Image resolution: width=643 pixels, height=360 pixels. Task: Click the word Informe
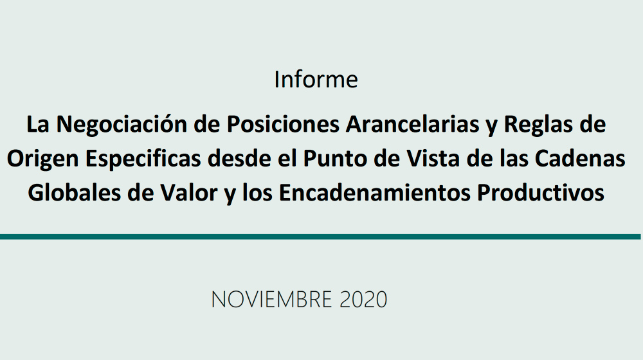tap(316, 79)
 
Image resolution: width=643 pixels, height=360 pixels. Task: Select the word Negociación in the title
tap(122, 124)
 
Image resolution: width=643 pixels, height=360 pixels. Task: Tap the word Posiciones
tap(283, 124)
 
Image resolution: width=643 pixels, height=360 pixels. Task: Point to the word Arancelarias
tap(413, 124)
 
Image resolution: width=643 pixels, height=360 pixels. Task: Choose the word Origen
tap(42, 159)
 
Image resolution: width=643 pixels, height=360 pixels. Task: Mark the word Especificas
tap(143, 159)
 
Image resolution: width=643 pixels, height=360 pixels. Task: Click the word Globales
tap(74, 193)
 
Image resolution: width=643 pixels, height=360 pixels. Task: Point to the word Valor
tap(188, 193)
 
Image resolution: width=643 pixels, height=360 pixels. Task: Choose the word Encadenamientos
tap(374, 193)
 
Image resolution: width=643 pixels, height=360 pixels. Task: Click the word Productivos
tap(541, 193)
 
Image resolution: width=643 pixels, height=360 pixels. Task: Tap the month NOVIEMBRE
tap(271, 300)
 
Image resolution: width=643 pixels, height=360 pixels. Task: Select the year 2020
tap(363, 300)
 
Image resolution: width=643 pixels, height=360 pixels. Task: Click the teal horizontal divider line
tap(320, 237)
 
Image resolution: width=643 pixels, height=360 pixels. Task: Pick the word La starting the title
tap(38, 124)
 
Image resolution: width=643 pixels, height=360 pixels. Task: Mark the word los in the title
tap(257, 193)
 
